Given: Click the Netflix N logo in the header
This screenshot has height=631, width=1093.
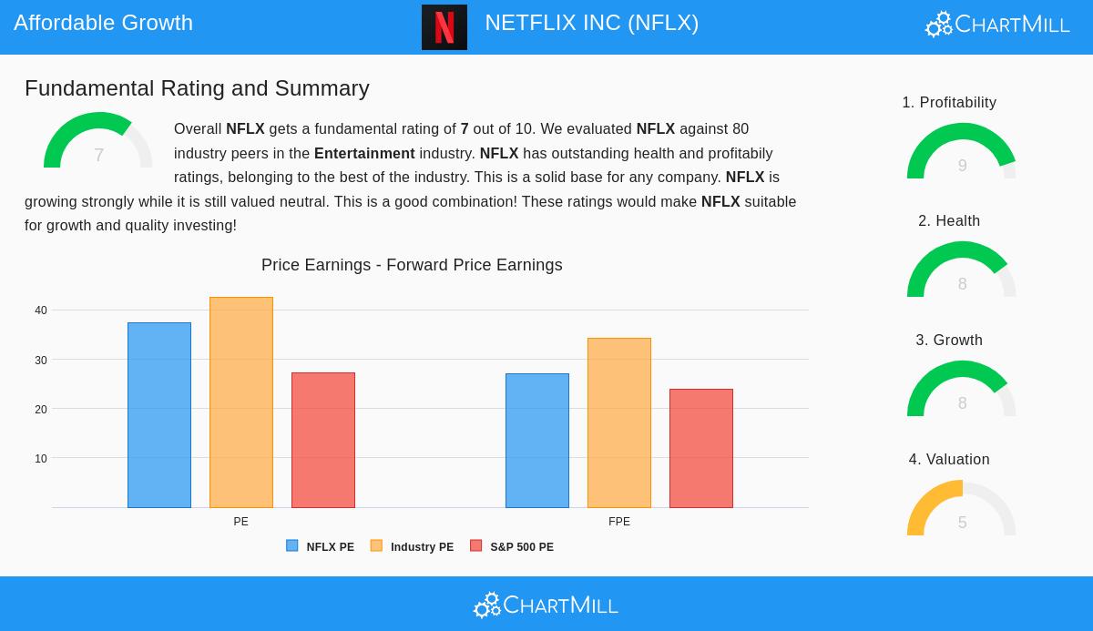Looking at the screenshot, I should point(444,27).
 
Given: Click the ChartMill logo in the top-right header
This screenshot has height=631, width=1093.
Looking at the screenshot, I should point(997,25).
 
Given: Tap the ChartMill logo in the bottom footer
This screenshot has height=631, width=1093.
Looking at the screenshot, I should point(546,606).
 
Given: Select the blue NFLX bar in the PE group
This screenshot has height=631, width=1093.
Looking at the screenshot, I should point(159,415).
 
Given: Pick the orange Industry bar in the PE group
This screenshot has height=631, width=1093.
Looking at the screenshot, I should point(241,402).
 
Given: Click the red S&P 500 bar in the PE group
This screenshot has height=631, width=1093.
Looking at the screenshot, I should point(323,440).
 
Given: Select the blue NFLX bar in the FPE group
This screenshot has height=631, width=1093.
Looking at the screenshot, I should point(537,441).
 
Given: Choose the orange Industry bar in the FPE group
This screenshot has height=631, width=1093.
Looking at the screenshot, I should point(619,422).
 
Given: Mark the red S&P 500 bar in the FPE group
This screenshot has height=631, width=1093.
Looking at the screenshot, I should point(701,448).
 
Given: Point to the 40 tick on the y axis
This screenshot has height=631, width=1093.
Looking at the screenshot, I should point(41,310).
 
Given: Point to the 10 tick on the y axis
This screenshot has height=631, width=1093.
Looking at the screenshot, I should point(41,459).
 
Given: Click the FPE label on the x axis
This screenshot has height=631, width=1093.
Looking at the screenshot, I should point(619,522).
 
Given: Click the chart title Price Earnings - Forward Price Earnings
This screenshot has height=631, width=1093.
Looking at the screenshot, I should point(412,265).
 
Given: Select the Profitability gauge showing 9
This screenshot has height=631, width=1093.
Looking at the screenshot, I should point(962,153).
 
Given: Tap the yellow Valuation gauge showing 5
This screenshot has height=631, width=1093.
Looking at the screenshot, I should point(962,510).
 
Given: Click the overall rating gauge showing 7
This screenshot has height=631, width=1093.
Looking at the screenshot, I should point(98,143).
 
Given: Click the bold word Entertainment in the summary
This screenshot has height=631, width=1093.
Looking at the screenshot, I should point(364,154).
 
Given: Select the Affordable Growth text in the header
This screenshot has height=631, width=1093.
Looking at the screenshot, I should point(104,23).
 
